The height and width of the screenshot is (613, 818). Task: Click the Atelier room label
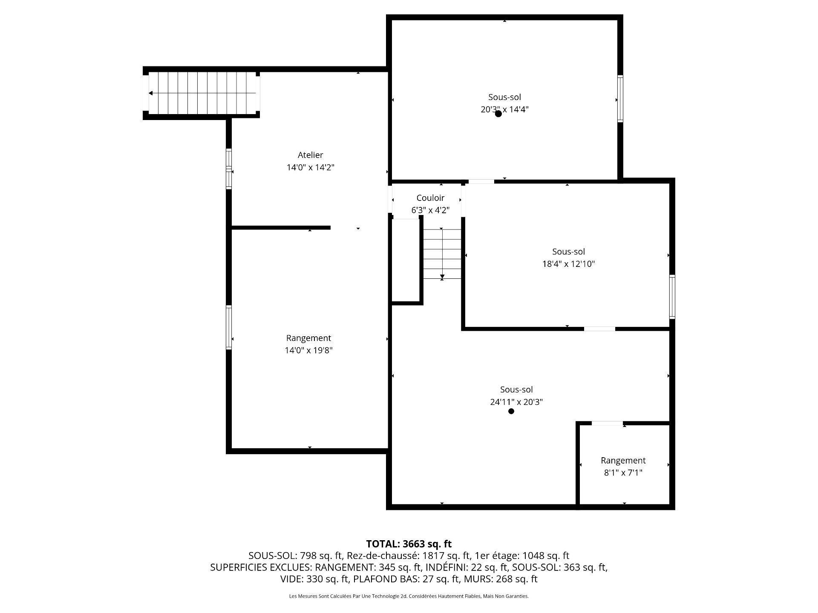tap(310, 155)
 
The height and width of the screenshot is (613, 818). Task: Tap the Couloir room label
tap(430, 198)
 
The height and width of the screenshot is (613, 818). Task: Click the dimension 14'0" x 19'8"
tap(308, 350)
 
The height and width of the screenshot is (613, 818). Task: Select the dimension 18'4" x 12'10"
tap(568, 264)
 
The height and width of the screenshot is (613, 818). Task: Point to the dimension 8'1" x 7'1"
tap(623, 473)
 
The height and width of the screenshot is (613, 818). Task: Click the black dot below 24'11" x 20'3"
tap(511, 411)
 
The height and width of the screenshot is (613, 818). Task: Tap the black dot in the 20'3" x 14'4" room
tap(498, 114)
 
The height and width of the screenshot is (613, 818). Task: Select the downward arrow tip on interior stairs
tap(442, 278)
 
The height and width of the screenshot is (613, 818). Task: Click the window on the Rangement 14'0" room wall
tap(229, 328)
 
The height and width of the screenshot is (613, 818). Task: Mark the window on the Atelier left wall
tap(229, 169)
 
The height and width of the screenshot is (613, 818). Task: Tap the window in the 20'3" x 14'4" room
tap(620, 99)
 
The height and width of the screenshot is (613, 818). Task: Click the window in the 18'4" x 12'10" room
tap(672, 297)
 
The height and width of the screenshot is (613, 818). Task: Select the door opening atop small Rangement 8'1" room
tap(607, 423)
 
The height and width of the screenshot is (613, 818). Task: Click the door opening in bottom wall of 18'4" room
tap(599, 329)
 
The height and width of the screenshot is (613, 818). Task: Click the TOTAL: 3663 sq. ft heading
tap(409, 544)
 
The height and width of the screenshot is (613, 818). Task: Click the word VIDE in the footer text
tap(291, 579)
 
